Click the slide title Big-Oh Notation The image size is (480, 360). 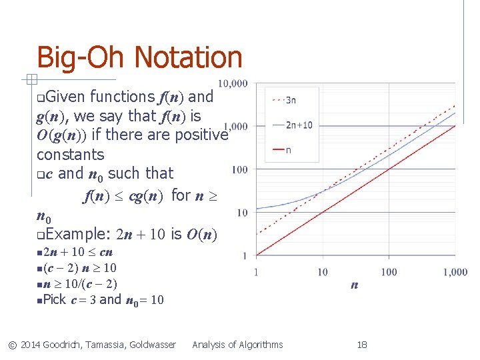[139, 57]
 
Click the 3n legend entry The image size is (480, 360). [291, 101]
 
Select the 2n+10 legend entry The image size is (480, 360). [299, 125]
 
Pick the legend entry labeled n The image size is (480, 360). [288, 150]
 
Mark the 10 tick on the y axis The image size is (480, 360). [242, 213]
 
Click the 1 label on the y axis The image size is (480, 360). [245, 255]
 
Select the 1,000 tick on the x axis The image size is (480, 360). [455, 272]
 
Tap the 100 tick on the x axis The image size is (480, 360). [389, 272]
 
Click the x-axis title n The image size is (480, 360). [354, 285]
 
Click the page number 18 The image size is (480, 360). [362, 345]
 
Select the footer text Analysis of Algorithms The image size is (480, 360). [237, 345]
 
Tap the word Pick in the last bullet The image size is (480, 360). [55, 299]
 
